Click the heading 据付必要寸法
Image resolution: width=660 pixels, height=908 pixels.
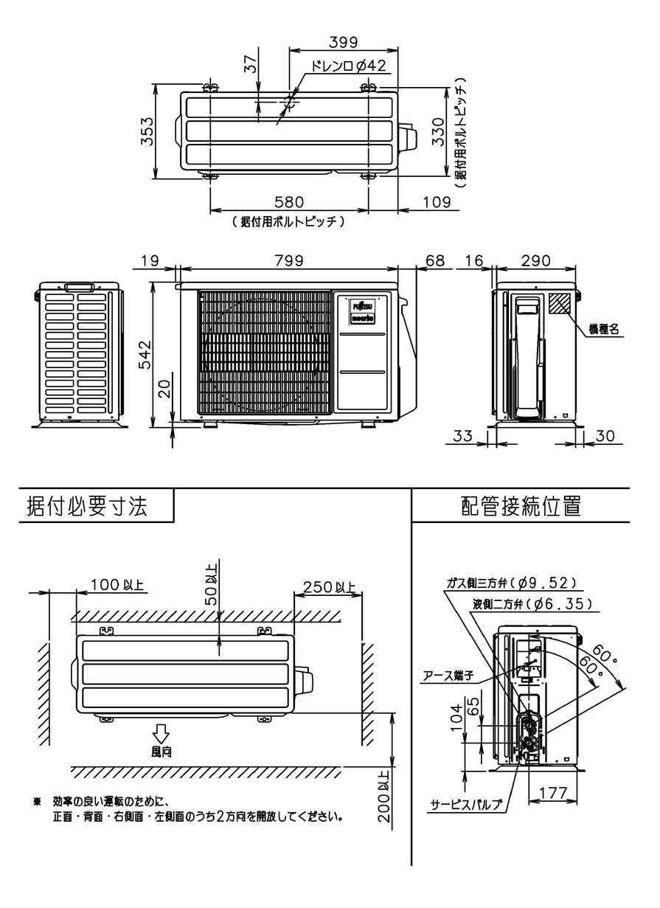point(86,507)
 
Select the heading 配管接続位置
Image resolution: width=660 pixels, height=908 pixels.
point(520,507)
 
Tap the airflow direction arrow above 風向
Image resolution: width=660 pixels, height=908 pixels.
point(160,733)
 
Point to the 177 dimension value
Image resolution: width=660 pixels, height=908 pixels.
point(552,793)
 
